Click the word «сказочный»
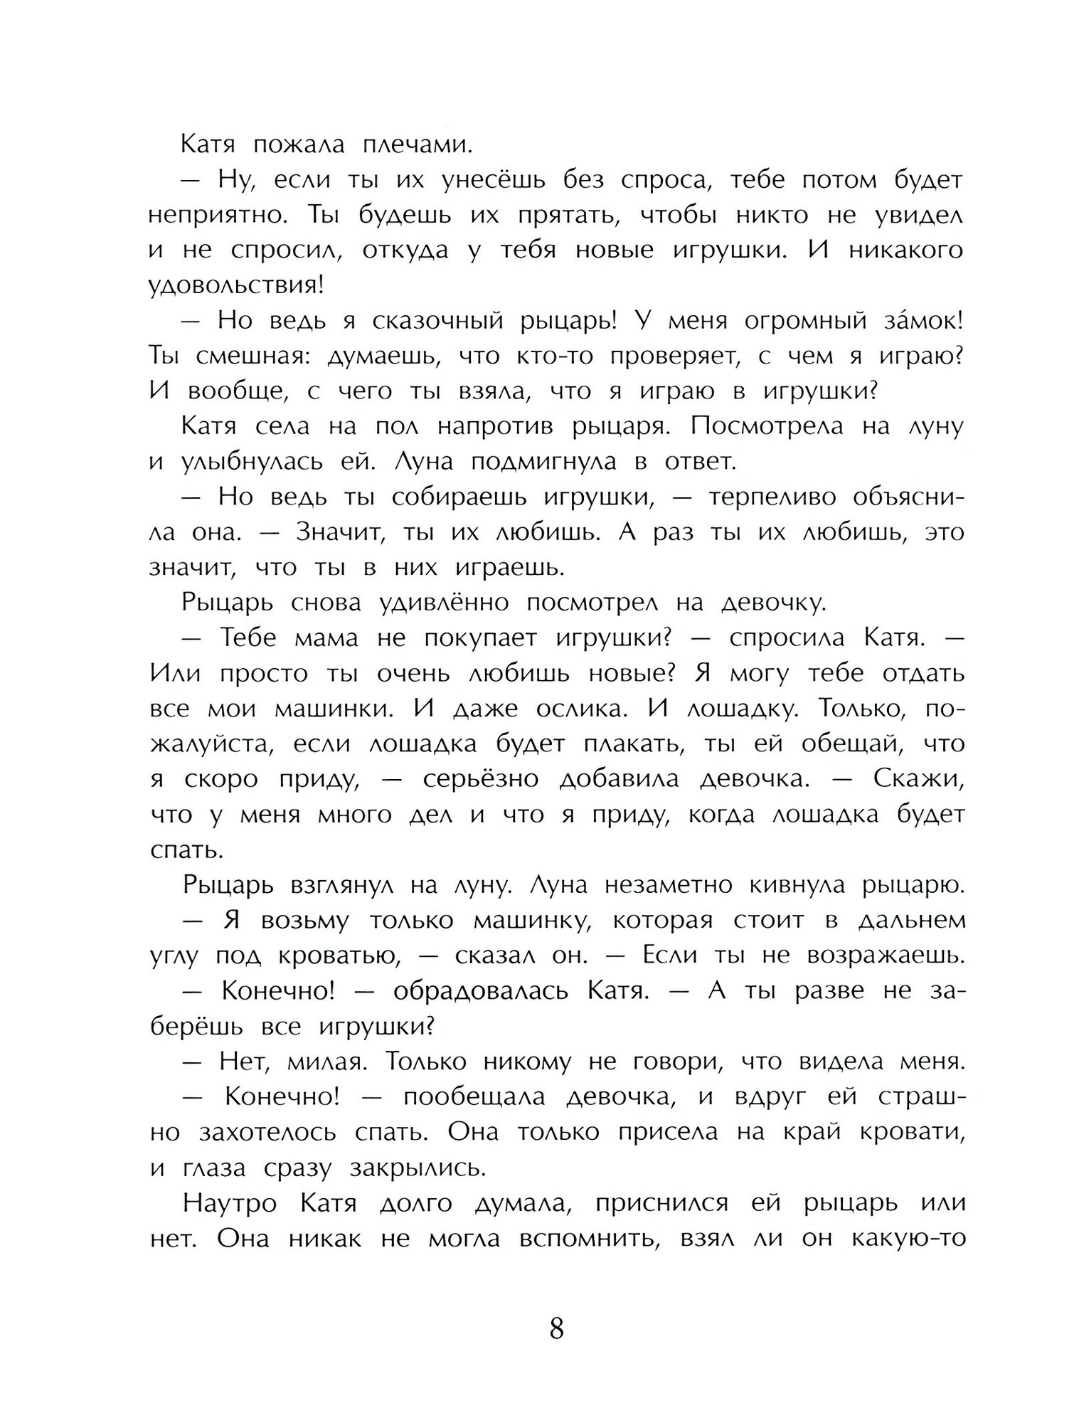point(437,322)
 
